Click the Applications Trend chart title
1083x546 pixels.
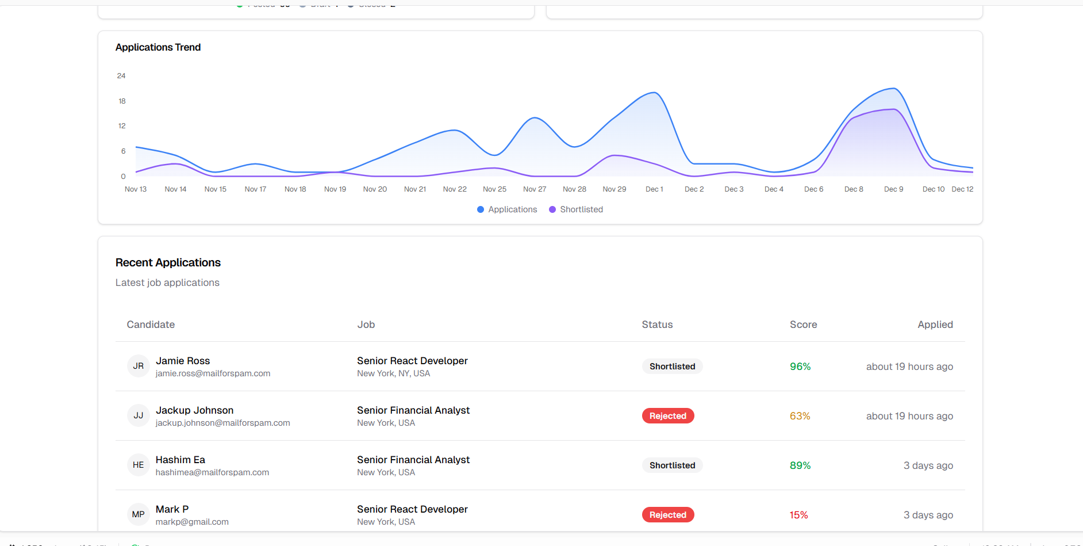(x=158, y=47)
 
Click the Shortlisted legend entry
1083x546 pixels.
(x=576, y=209)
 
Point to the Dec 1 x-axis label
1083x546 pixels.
(x=654, y=189)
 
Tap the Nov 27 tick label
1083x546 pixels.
(x=535, y=189)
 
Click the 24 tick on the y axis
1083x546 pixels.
(x=121, y=76)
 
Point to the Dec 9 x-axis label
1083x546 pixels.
(x=893, y=189)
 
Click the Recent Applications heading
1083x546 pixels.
(x=168, y=262)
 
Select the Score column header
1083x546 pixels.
(x=803, y=324)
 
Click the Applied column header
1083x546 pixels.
(x=935, y=324)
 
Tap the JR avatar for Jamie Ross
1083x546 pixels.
(x=139, y=366)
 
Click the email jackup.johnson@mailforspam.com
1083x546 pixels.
(x=222, y=423)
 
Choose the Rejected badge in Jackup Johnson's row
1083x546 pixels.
(x=667, y=416)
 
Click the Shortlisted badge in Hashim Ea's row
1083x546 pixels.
(x=672, y=465)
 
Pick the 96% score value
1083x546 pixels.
(x=800, y=366)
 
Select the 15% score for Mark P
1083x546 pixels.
(x=798, y=515)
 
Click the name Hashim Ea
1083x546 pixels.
(x=180, y=460)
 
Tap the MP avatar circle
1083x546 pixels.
(x=139, y=514)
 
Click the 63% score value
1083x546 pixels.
(x=800, y=416)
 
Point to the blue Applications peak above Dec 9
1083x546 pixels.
(x=894, y=89)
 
